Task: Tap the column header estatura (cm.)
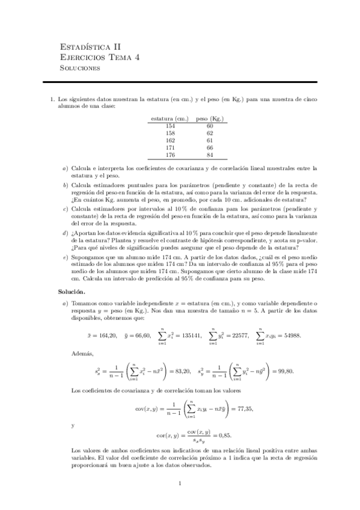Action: click(169, 118)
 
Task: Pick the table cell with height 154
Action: click(169, 126)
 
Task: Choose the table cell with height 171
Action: click(169, 147)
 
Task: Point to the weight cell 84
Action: click(210, 154)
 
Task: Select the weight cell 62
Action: click(210, 133)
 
